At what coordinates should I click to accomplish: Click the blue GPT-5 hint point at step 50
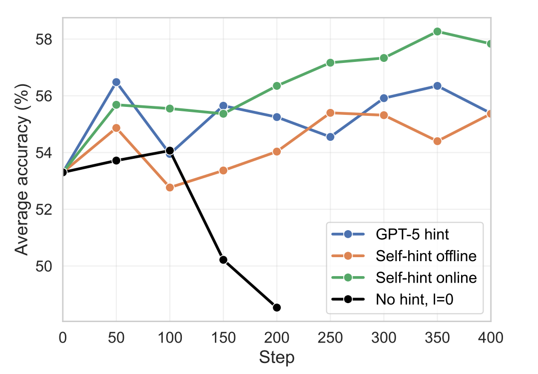[x=116, y=82]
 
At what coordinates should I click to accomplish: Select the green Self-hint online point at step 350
[x=438, y=31]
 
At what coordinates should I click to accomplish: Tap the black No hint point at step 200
[x=277, y=308]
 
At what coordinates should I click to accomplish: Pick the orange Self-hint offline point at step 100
[x=170, y=188]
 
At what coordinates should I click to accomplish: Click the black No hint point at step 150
[x=223, y=260]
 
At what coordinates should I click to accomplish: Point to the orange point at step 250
[x=330, y=113]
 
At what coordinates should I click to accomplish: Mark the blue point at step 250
[x=330, y=137]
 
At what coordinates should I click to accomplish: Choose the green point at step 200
[x=277, y=86]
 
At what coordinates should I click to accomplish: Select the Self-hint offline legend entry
[x=425, y=256]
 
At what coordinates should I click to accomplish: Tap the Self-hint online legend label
[x=426, y=278]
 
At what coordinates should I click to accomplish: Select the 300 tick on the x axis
[x=384, y=339]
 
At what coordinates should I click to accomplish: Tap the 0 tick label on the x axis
[x=63, y=339]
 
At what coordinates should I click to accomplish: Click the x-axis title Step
[x=277, y=358]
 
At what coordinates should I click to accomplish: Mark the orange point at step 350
[x=438, y=141]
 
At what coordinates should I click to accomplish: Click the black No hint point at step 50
[x=116, y=160]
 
